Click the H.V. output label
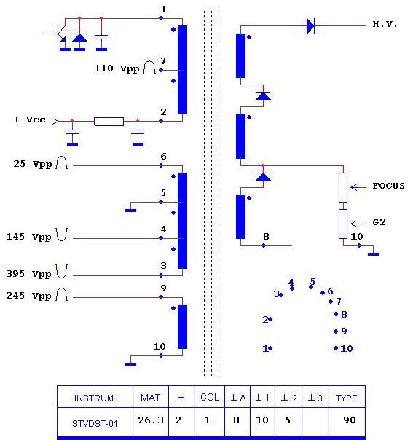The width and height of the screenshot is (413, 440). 385,25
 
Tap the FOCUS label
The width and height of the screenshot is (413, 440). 388,186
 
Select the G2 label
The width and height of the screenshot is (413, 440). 379,222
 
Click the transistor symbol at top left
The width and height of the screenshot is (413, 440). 60,33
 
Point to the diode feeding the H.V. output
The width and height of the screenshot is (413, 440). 310,25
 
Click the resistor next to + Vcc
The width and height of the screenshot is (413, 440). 109,122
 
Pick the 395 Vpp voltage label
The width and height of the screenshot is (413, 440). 28,274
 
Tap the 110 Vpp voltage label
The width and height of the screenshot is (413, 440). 117,68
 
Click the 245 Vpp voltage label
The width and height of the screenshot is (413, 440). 28,296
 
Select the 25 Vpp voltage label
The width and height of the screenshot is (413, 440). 33,164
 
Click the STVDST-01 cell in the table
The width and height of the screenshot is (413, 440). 95,423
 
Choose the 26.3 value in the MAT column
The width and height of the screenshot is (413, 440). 151,420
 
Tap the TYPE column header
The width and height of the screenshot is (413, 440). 347,398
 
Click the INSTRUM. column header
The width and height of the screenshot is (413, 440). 95,398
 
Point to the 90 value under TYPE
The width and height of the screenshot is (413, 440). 350,420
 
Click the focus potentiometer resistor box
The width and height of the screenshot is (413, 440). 343,187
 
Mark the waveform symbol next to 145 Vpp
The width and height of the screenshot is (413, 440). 62,235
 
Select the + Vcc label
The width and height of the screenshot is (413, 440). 29,119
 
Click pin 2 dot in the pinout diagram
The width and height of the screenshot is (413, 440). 270,319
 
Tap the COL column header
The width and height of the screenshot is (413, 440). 210,397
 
